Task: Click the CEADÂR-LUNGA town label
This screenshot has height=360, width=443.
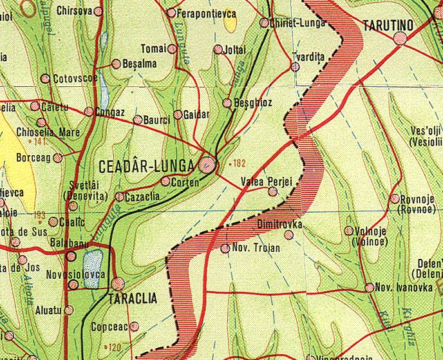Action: click(x=146, y=166)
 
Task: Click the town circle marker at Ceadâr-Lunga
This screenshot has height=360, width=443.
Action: click(x=207, y=164)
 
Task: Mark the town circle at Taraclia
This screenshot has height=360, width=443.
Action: click(x=117, y=283)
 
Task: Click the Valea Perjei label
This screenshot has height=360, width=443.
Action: click(x=266, y=182)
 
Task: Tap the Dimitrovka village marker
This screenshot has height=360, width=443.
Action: click(x=289, y=235)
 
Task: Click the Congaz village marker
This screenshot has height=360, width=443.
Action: click(x=89, y=111)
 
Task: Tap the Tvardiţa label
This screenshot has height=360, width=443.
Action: click(x=308, y=56)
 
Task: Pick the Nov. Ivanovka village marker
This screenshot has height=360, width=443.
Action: click(x=369, y=287)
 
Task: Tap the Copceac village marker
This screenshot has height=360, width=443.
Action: click(x=134, y=327)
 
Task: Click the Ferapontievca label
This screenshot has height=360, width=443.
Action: click(x=205, y=12)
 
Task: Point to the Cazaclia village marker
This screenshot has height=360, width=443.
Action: click(x=119, y=196)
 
